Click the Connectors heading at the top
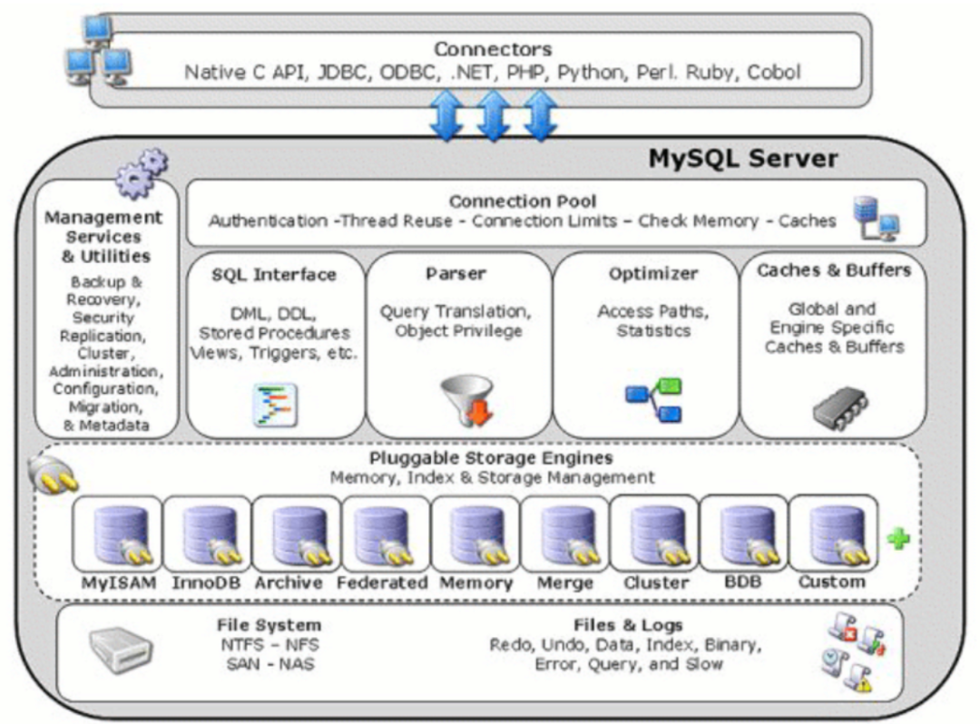[x=492, y=49]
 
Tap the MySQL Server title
[x=742, y=160]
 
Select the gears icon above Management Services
[x=142, y=172]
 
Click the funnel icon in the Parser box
[x=466, y=398]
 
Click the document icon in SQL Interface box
[x=274, y=405]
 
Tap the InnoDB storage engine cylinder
[x=207, y=536]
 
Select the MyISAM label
[x=118, y=582]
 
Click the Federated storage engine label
[x=382, y=582]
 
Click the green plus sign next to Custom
[x=897, y=540]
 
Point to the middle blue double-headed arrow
[x=493, y=115]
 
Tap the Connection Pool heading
[x=523, y=201]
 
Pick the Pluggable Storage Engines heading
[x=491, y=457]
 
